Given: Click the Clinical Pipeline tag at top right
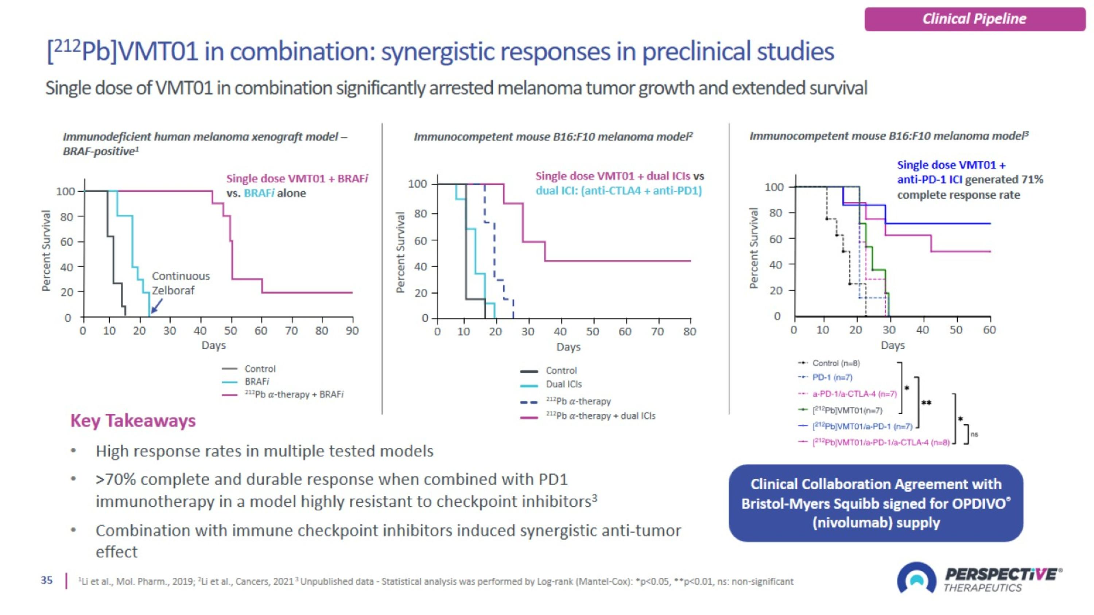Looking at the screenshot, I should click(974, 19).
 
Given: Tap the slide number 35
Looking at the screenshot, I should click(47, 580).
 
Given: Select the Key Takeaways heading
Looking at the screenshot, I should click(133, 421).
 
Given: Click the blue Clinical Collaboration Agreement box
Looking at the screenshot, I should click(876, 503).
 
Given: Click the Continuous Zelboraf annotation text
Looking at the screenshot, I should click(181, 283).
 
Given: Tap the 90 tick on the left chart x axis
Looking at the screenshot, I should click(352, 331).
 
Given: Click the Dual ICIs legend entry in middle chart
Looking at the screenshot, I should click(563, 385).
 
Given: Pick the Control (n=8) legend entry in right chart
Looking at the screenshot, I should click(836, 363).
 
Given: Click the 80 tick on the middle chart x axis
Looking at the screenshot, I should click(690, 332).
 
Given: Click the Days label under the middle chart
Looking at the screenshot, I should click(568, 347).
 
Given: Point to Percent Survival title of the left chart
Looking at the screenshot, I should click(46, 250).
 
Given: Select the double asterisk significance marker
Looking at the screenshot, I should click(926, 403).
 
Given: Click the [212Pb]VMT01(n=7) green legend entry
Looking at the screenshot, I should click(847, 410).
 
